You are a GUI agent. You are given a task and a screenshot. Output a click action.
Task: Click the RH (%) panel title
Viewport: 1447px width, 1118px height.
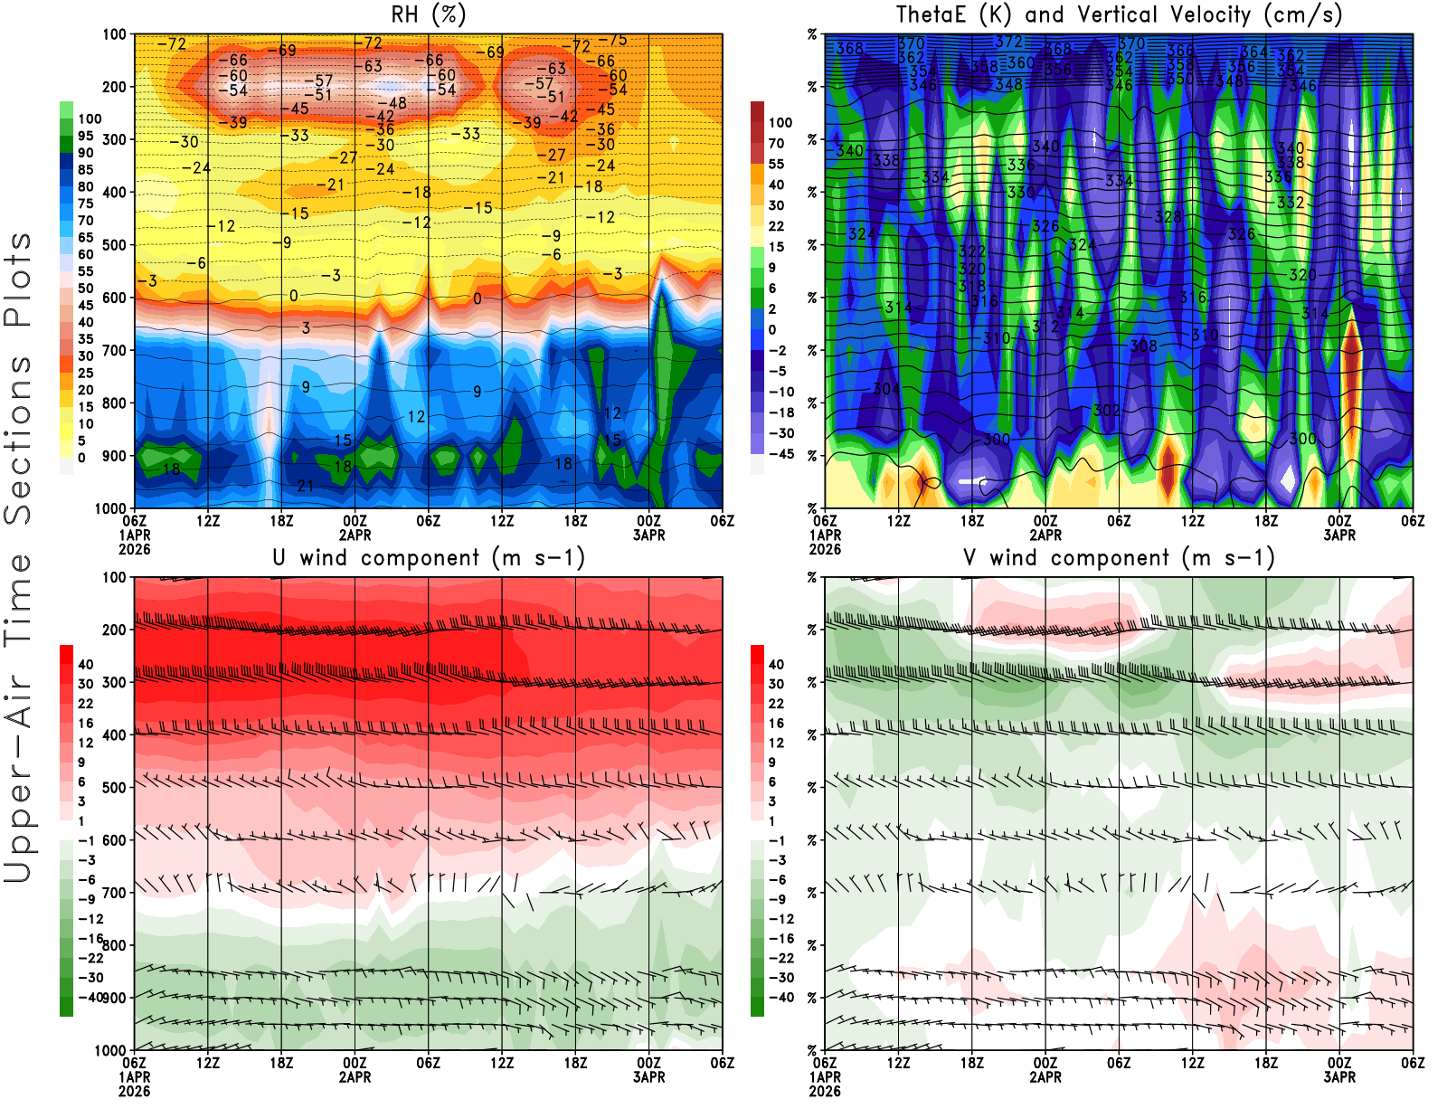coord(428,14)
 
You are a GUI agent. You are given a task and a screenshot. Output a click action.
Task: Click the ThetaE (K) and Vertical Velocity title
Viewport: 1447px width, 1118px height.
coord(1119,14)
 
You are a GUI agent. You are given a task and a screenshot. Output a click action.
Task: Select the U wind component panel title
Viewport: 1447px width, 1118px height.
coord(429,557)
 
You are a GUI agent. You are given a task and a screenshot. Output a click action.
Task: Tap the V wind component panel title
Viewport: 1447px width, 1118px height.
coord(1119,557)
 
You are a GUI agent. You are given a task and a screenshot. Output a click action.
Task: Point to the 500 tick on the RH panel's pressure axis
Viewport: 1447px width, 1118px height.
coord(115,245)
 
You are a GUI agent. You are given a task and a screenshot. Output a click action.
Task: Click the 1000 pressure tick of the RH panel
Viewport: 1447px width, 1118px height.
coord(111,508)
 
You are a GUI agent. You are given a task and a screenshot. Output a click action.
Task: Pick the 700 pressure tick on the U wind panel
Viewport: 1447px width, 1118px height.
coord(115,893)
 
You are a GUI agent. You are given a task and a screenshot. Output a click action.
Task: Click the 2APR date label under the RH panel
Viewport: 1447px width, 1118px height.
coord(355,535)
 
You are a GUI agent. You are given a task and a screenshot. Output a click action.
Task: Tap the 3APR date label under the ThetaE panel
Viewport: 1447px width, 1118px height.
coord(1339,535)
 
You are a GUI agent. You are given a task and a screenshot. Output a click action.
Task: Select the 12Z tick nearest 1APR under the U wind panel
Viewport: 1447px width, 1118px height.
coord(208,1063)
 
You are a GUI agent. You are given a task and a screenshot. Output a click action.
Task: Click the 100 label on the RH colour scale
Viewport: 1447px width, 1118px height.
coord(90,118)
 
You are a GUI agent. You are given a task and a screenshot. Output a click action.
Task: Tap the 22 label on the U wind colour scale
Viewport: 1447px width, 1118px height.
coord(86,704)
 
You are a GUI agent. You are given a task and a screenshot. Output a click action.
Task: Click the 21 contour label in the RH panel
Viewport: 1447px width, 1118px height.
coord(306,486)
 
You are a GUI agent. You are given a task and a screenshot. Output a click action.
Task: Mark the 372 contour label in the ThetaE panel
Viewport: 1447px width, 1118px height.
coord(1007,42)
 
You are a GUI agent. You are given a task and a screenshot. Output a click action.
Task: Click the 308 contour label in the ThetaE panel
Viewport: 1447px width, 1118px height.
coord(1143,346)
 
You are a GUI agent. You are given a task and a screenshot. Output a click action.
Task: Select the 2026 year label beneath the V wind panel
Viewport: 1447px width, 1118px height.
coord(825,1092)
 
